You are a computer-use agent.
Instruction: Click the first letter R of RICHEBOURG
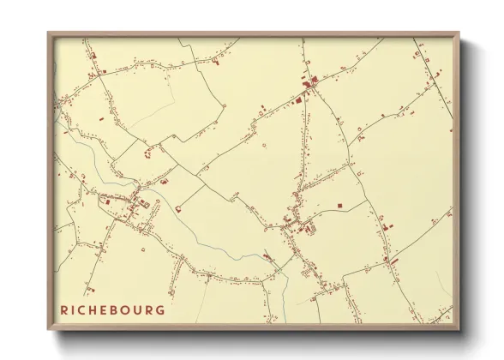pyautogui.click(x=63, y=309)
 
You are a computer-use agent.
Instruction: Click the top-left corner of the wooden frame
pyautogui.click(x=49, y=33)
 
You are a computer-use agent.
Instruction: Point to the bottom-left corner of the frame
pyautogui.click(x=49, y=329)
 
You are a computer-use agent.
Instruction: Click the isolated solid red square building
pyautogui.click(x=339, y=206)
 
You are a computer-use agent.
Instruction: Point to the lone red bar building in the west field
pyautogui.click(x=101, y=118)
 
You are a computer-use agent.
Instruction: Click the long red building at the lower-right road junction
pyautogui.click(x=387, y=258)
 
